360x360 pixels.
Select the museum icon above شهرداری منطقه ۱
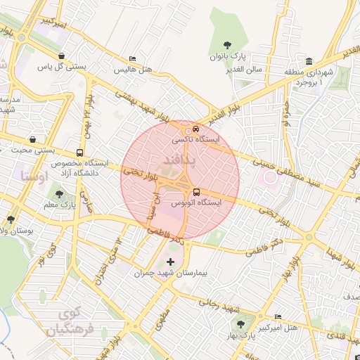309,60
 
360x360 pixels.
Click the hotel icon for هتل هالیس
131,59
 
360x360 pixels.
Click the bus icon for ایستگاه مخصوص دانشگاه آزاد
79,152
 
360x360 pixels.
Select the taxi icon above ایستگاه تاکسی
195,129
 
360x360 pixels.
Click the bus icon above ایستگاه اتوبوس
196,191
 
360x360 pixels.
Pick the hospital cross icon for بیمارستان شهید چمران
170,262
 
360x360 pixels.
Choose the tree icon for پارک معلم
59,194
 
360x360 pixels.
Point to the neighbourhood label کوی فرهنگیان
64,320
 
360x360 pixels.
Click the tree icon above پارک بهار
241,324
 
